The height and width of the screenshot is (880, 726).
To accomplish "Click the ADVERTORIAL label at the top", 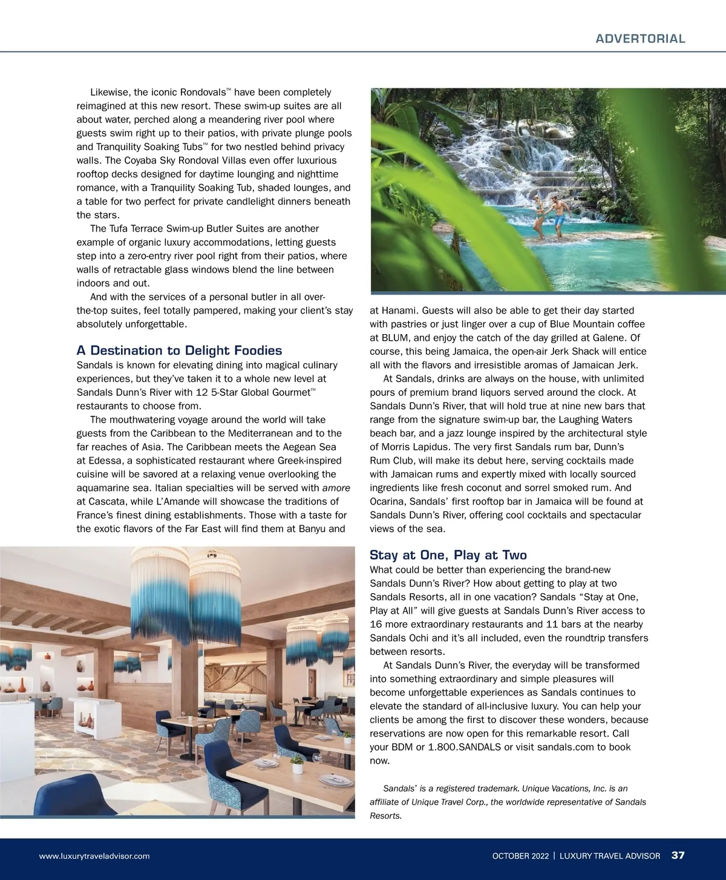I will pos(640,39).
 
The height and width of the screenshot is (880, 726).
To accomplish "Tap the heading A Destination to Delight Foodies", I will pos(179,350).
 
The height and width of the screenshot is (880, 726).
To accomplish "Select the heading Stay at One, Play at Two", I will pos(448,555).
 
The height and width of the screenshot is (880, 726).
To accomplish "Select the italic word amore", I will pos(336,488).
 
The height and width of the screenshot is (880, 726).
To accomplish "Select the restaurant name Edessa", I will pos(103,461).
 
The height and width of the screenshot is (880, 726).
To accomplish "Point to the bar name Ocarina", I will pos(388,501).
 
